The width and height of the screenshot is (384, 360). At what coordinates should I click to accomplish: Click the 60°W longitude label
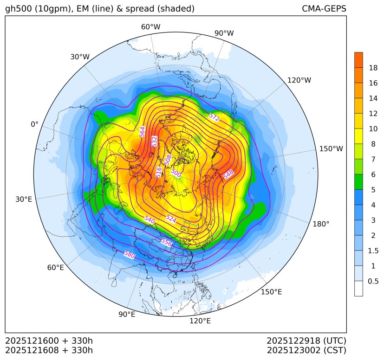[x=150, y=27]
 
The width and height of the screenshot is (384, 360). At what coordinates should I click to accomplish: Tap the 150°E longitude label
[x=271, y=291]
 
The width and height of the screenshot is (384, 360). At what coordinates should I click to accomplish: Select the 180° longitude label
[x=321, y=224]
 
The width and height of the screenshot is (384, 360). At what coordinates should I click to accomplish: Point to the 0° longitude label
[x=34, y=124]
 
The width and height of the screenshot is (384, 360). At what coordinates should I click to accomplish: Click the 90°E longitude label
[x=127, y=315]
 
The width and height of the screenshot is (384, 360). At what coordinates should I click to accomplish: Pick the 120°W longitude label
[x=299, y=80]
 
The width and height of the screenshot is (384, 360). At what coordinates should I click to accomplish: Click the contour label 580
[x=130, y=255]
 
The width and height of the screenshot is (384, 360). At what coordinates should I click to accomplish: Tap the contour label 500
[x=176, y=173]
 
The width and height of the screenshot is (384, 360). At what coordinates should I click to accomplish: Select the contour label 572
[x=214, y=117]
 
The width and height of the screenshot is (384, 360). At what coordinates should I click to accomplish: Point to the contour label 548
[x=229, y=175]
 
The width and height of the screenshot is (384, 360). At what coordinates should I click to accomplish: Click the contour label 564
[x=143, y=131]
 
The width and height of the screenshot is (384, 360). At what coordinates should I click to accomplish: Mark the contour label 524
[x=171, y=219]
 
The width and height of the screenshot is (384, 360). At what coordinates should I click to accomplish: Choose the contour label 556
[x=166, y=242]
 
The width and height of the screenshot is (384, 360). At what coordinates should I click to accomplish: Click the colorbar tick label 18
[x=373, y=68]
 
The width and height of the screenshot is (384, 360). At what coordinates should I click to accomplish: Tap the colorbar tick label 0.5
[x=373, y=281]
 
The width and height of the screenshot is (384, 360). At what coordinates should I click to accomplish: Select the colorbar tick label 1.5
[x=373, y=251]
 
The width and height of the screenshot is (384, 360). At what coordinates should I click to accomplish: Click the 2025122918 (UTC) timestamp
[x=306, y=341]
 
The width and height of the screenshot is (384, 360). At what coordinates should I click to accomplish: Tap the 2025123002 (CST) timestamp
[x=306, y=350]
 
